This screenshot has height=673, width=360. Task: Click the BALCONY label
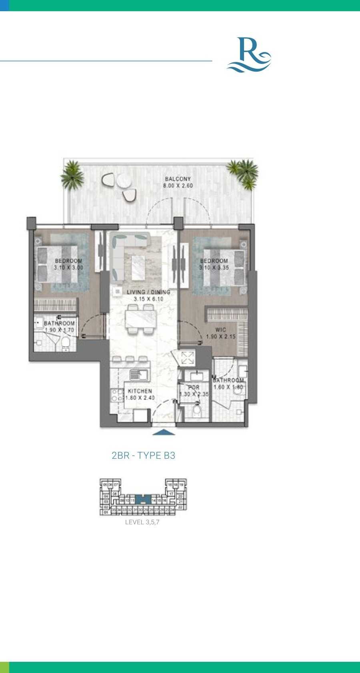178,179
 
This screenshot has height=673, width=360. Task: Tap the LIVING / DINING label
148,292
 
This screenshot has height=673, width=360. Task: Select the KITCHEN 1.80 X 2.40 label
140,394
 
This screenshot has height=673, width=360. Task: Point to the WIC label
220,330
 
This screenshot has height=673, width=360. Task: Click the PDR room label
194,387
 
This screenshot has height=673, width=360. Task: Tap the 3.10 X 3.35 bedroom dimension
214,268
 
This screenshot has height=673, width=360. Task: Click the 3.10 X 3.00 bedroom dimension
68,268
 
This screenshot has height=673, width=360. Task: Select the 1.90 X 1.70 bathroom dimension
59,330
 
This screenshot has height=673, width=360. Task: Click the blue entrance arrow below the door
163,432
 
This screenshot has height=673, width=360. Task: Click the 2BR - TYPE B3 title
143,455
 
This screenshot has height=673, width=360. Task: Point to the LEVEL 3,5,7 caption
142,522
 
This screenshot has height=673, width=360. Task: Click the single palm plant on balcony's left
72,175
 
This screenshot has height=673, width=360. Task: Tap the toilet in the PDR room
196,411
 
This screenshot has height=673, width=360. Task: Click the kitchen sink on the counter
139,375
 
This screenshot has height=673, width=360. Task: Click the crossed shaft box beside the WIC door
187,357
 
